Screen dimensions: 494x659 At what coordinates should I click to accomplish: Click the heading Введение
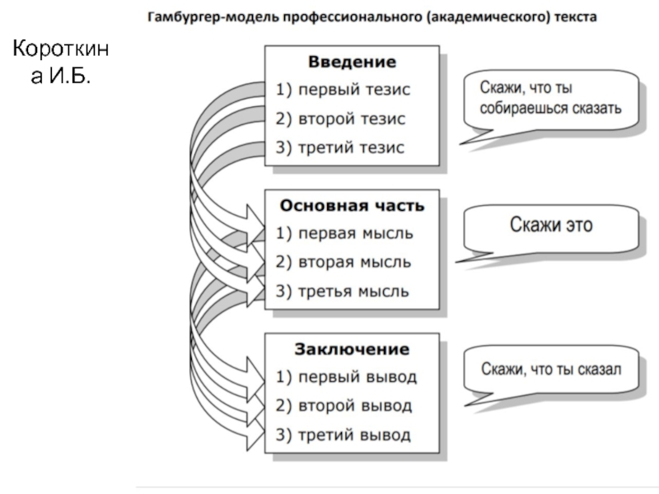352,62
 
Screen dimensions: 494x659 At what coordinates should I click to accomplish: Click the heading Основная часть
353,205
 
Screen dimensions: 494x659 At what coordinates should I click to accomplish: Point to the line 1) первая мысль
344,233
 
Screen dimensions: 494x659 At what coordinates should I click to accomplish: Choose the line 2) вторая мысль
344,263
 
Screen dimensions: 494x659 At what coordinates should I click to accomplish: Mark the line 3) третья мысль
344,291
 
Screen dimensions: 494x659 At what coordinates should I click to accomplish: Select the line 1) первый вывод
347,377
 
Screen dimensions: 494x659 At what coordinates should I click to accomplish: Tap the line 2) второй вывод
344,406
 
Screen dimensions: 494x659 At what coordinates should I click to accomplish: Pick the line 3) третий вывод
344,435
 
